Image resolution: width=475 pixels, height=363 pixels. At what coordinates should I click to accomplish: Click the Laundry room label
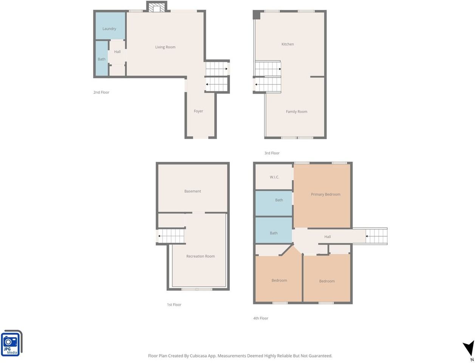109,29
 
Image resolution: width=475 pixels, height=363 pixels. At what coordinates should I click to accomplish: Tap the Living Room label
166,47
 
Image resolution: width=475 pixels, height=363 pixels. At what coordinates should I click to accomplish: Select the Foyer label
198,111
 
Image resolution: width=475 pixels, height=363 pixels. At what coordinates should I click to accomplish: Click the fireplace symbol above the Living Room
157,7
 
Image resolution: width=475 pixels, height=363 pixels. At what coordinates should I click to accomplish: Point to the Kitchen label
287,44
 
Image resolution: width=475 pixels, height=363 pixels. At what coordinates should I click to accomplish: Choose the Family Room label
297,112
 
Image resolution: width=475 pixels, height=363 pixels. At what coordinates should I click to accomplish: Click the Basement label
193,191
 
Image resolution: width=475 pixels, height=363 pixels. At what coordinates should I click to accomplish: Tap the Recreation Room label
200,256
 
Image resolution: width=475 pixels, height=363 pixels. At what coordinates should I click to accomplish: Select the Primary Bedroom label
325,194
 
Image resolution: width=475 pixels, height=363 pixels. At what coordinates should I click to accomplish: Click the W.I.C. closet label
274,177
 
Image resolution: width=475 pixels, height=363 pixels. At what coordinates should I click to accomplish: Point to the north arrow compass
469,349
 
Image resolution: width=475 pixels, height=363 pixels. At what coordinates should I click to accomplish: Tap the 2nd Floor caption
101,92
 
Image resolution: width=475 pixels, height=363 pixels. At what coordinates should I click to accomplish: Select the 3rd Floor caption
272,153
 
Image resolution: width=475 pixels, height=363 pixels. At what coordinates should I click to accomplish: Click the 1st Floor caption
174,304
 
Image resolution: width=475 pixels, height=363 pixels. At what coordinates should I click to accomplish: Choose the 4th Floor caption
260,318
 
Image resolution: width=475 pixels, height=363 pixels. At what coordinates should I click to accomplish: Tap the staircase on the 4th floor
376,236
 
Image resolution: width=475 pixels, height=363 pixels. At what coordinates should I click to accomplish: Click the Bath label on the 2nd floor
102,59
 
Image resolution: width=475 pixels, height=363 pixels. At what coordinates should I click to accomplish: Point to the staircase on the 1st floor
171,236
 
